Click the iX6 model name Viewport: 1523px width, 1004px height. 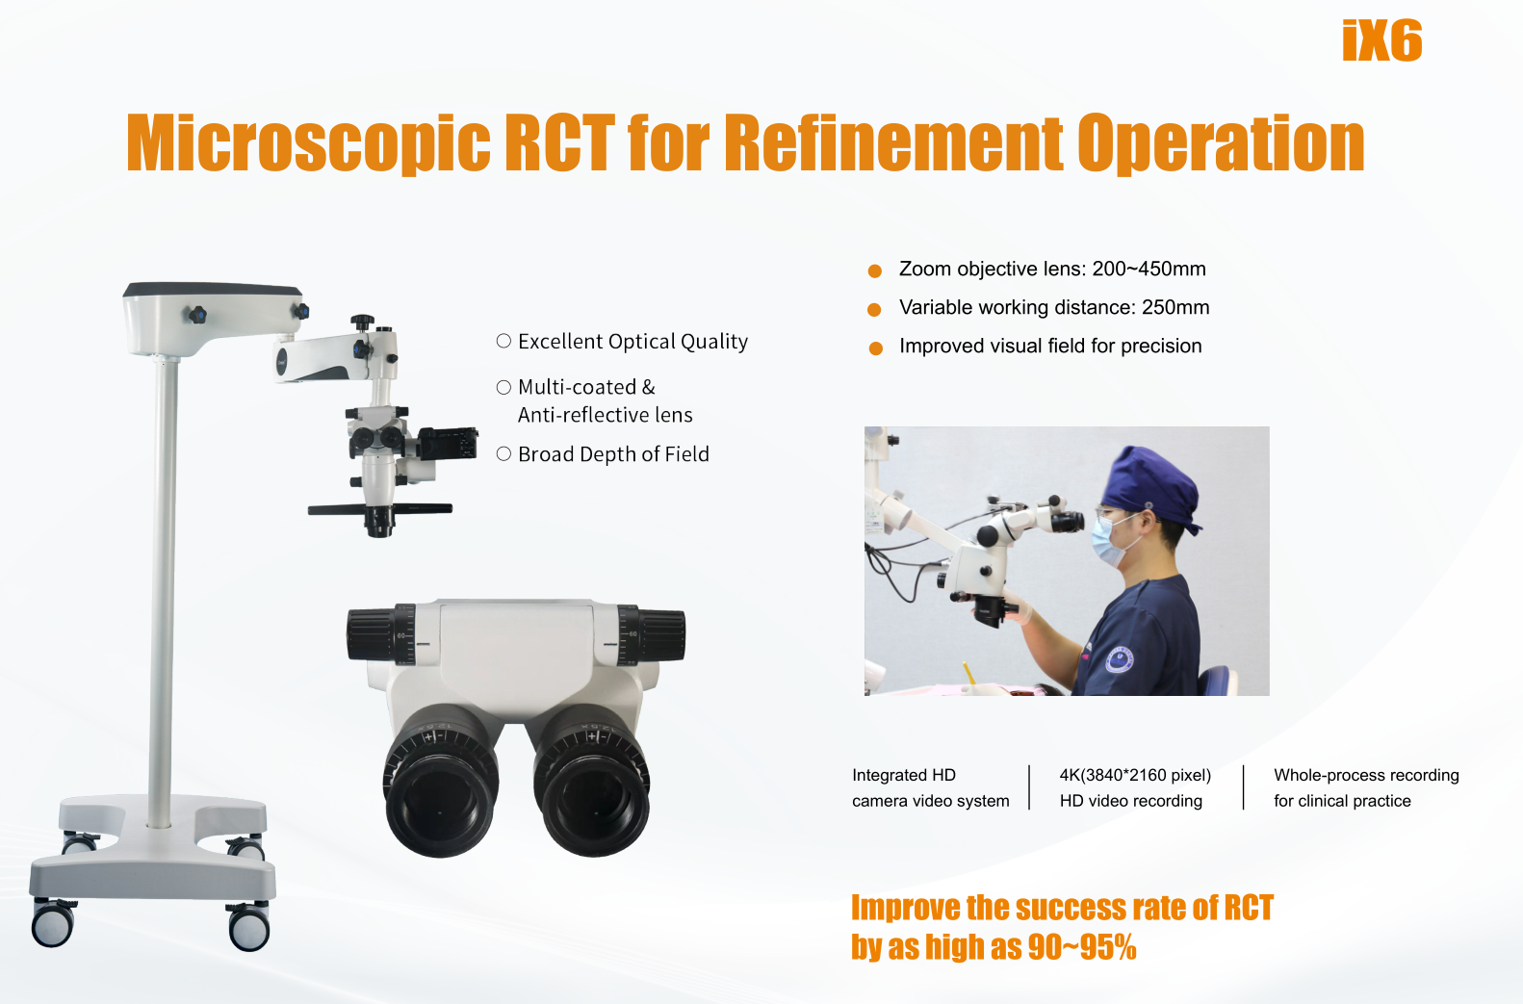tap(1381, 40)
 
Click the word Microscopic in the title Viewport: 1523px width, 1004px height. tap(308, 144)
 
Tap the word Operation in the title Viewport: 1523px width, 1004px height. tap(1221, 144)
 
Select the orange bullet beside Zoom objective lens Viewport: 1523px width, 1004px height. tap(875, 271)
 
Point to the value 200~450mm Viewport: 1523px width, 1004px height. tap(1149, 270)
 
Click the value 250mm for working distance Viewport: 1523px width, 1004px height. tap(1175, 308)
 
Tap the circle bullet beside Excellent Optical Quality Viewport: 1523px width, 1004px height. tap(503, 341)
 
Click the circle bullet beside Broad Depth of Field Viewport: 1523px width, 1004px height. tap(503, 454)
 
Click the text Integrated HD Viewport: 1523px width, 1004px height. tap(904, 775)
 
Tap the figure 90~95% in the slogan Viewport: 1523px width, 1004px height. tap(1082, 947)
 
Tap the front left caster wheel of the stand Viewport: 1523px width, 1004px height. tap(52, 924)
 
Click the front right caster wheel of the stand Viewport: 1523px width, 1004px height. tap(248, 927)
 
